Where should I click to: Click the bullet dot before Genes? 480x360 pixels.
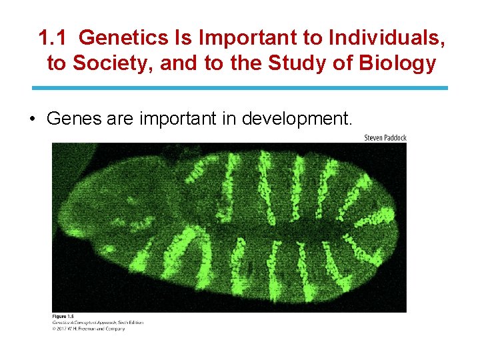click(x=32, y=119)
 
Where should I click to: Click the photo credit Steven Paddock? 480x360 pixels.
click(x=385, y=138)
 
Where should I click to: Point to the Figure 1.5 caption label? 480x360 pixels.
click(x=64, y=317)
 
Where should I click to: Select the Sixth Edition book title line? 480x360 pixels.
click(x=97, y=322)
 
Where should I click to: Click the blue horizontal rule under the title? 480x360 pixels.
click(x=240, y=88)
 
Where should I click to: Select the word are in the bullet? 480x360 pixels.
click(x=120, y=119)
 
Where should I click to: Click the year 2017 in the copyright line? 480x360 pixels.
click(x=63, y=328)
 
